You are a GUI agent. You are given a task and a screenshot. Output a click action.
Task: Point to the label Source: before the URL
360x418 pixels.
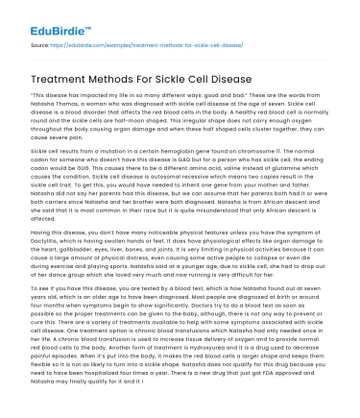40,44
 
